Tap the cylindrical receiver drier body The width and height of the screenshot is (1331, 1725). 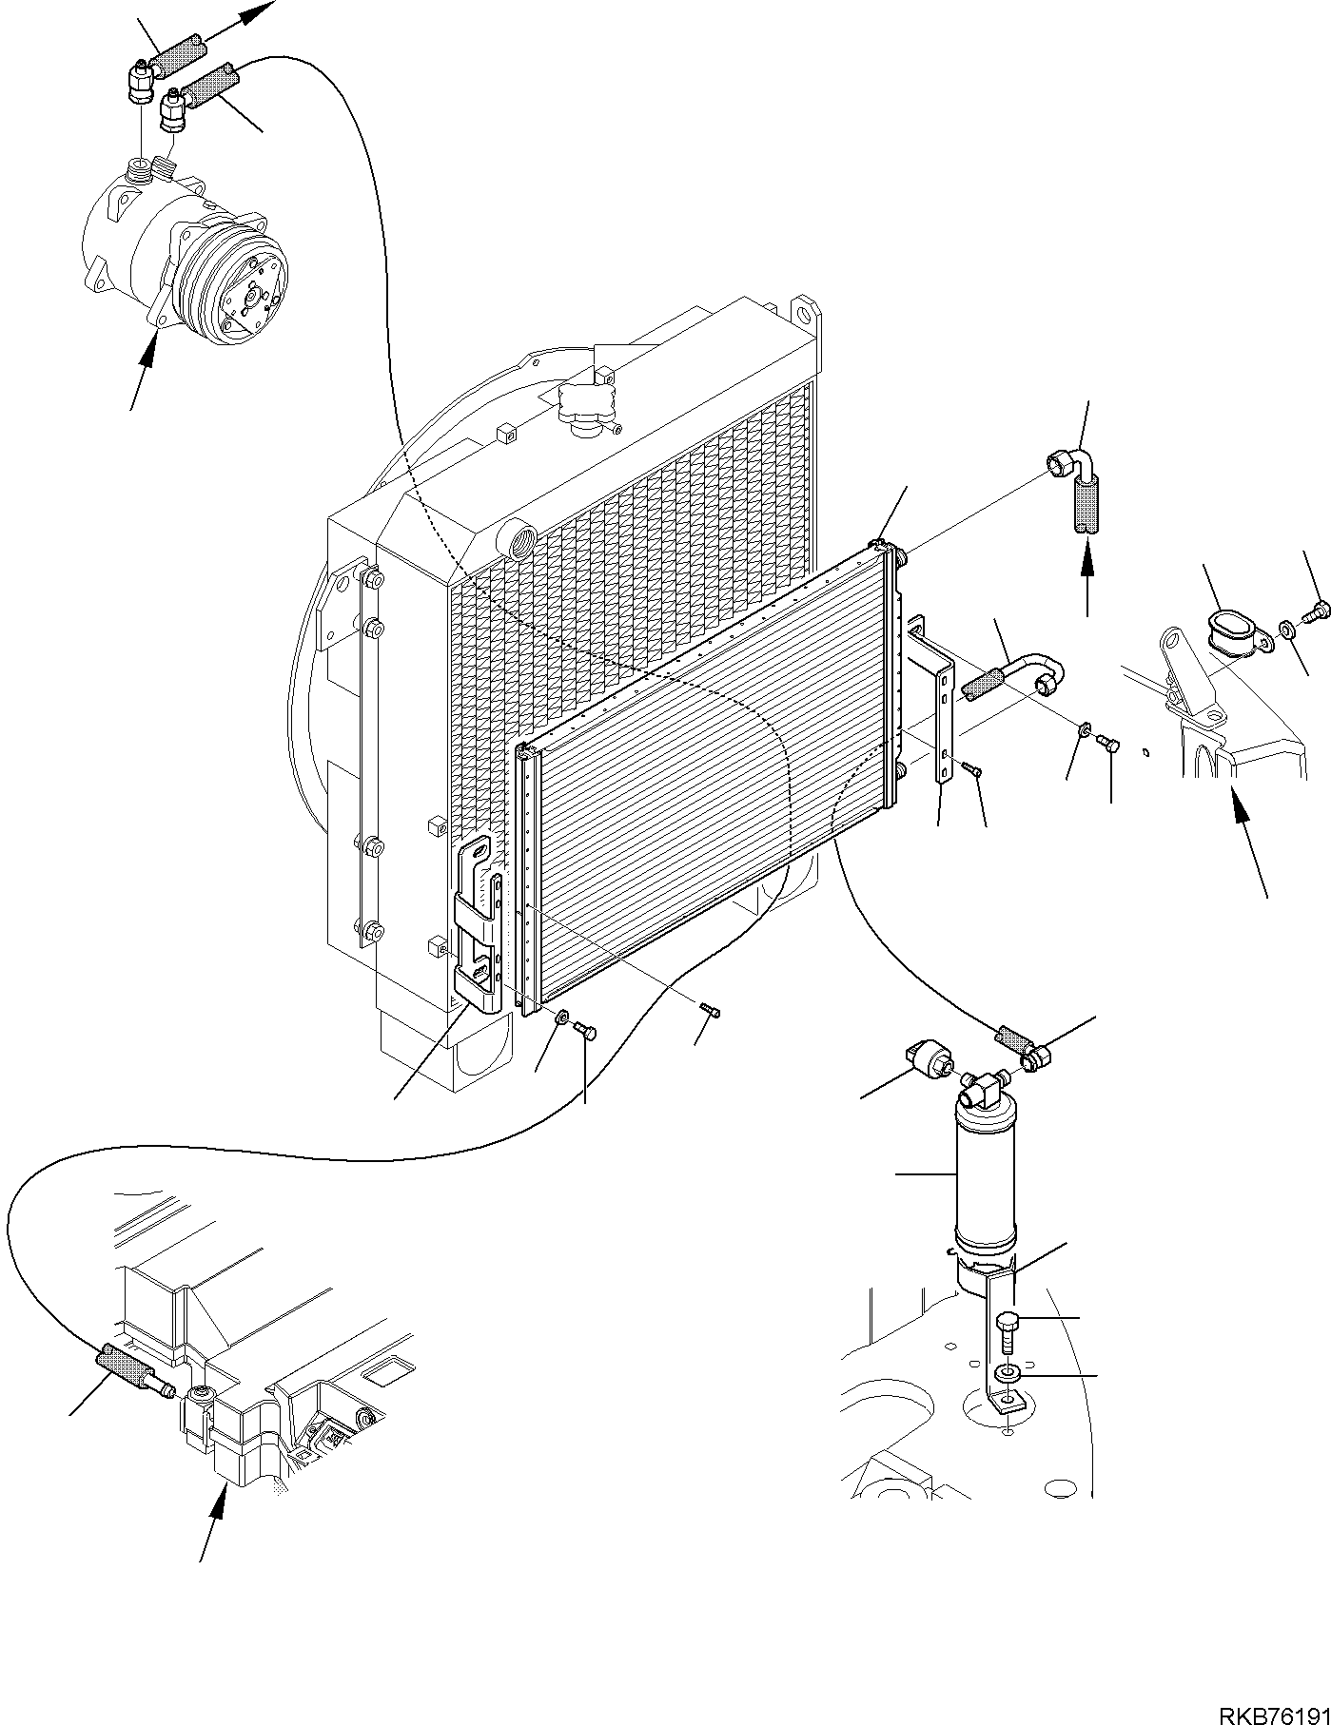[x=985, y=1179]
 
